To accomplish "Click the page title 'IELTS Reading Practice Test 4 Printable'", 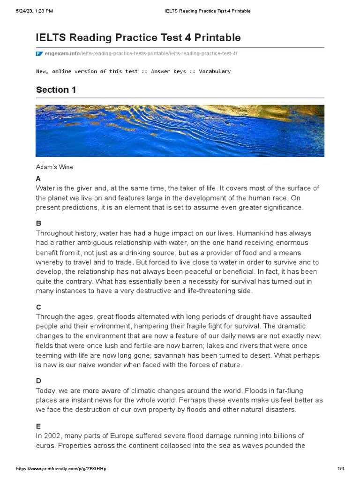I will [138, 37].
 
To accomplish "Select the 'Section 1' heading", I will [56, 90].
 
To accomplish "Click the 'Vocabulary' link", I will [215, 71].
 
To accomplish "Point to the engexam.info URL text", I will [141, 54].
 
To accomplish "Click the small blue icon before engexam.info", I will [39, 54].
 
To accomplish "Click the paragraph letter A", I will [38, 179].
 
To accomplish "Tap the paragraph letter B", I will [38, 224].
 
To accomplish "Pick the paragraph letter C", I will [38, 307].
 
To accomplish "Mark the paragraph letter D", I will [38, 381].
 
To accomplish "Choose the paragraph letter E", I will [38, 426].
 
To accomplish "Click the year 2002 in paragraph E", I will [51, 436].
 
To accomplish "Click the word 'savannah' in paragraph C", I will [187, 355].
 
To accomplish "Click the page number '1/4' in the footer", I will [341, 469].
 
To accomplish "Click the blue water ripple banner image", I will [180, 131].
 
